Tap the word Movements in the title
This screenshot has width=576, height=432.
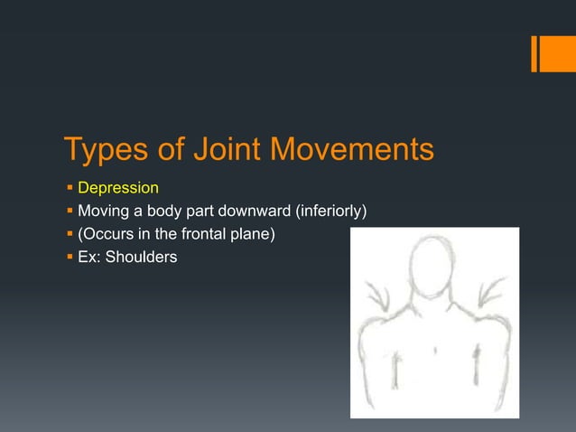click(x=354, y=150)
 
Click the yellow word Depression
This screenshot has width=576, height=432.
click(x=118, y=189)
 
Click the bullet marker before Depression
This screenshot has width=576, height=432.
click(x=69, y=189)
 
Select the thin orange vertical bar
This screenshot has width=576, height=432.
click(x=534, y=53)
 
